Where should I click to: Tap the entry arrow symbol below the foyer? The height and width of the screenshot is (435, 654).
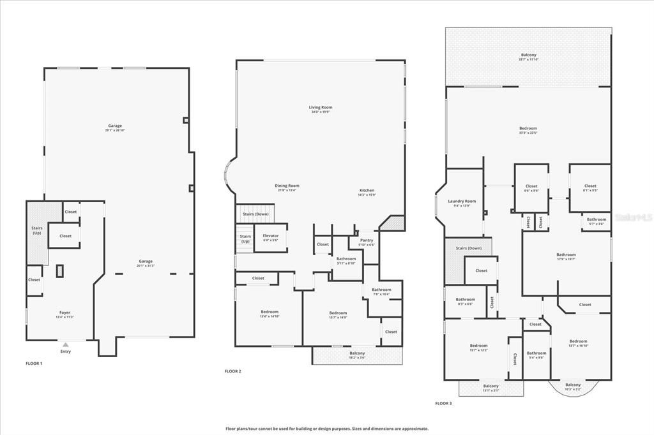click(65, 344)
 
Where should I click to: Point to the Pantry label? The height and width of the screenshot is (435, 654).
click(366, 242)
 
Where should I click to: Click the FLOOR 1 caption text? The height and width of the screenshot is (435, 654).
click(34, 363)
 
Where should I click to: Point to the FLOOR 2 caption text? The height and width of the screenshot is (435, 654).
click(232, 371)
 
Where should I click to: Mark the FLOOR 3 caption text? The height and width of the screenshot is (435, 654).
click(443, 403)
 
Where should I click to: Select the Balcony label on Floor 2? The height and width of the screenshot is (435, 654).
click(357, 355)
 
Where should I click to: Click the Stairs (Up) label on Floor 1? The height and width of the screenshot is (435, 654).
click(37, 230)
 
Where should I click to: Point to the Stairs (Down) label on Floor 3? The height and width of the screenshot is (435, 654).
click(468, 248)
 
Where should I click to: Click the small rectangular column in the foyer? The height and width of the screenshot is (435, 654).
click(59, 271)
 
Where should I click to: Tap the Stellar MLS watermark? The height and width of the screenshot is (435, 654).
click(632, 217)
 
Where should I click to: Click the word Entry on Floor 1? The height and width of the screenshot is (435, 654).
click(65, 351)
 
